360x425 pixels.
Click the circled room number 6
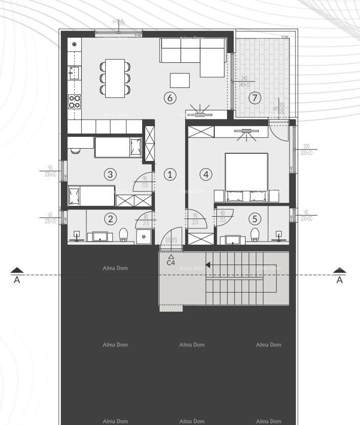(170, 98)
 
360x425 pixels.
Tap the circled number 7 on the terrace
(255, 98)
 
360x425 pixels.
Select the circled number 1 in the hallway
(170, 174)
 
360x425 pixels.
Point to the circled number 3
(110, 174)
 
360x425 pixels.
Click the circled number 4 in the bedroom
(206, 174)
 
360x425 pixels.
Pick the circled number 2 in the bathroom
(110, 219)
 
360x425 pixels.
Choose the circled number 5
(255, 219)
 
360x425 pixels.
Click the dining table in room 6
(115, 78)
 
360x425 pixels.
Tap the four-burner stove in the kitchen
(75, 101)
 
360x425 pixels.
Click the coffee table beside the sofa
(179, 80)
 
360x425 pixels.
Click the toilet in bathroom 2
(123, 235)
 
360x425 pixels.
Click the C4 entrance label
(171, 263)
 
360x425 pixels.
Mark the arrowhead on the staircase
(208, 265)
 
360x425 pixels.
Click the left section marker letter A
(17, 280)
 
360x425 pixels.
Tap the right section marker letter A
(340, 280)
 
